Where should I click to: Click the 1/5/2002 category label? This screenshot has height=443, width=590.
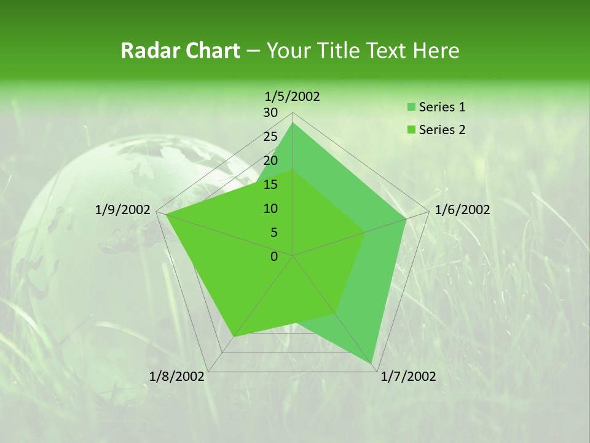tap(293, 97)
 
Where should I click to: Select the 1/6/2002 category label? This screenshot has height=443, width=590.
tap(462, 210)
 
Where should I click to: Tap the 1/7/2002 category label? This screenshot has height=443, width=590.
tap(408, 377)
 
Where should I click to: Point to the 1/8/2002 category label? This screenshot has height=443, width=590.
tap(177, 377)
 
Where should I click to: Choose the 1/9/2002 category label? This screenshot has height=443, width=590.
tap(123, 210)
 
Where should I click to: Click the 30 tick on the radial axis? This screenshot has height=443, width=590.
tap(270, 113)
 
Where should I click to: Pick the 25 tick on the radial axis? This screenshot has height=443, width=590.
tap(270, 137)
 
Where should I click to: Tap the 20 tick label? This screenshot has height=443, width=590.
tap(270, 161)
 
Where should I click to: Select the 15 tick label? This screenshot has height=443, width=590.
tap(270, 185)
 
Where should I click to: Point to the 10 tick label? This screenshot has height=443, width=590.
tap(270, 209)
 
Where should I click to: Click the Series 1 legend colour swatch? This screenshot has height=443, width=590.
tap(411, 107)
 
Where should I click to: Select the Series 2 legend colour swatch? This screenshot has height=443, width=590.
tap(411, 130)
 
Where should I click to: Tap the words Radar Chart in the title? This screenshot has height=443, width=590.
tap(180, 50)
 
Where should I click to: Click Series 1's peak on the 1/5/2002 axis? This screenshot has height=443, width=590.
tap(293, 122)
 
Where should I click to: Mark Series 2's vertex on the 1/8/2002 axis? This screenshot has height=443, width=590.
tap(234, 337)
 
